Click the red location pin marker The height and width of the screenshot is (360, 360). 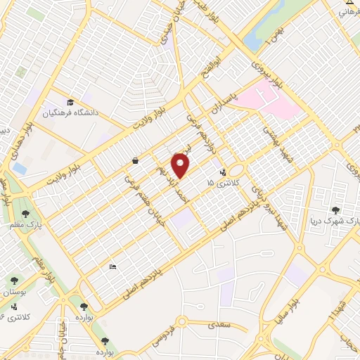coord(181,166)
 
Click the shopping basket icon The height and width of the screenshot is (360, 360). coord(134,161)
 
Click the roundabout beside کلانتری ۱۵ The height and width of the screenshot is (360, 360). coord(236,171)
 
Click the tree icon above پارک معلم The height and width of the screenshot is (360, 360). coord(25,213)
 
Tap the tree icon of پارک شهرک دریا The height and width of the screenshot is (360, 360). coord(335,210)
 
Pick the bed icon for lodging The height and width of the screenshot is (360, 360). coord(112,266)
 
